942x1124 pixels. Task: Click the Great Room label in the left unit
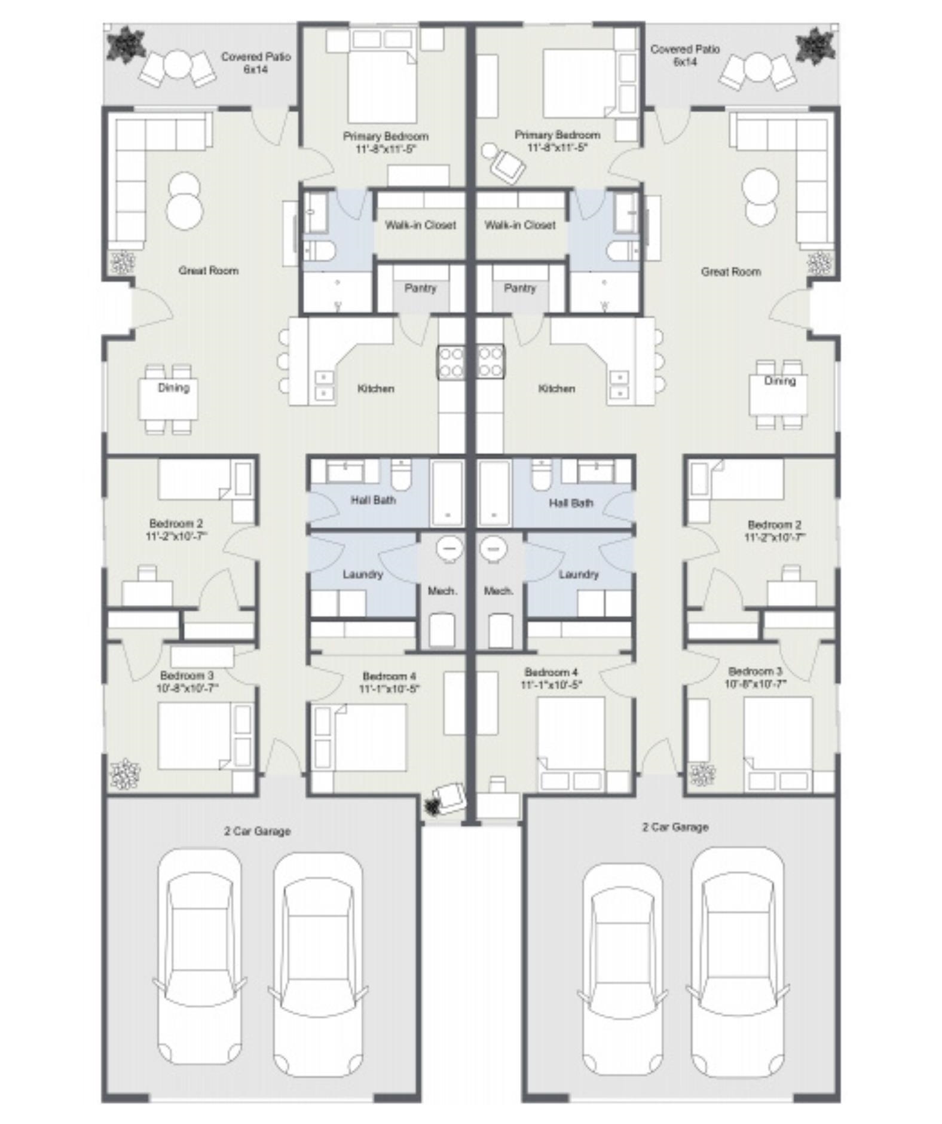point(209,271)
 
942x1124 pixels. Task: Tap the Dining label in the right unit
point(779,381)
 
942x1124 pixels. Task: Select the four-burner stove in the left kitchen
point(451,362)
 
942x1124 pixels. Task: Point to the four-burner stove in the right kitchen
point(490,362)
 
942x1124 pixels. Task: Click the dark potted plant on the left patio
point(126,44)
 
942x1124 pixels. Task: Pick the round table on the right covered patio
point(757,67)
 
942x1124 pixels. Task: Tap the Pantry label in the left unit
point(420,288)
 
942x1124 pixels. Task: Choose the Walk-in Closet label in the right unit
point(520,225)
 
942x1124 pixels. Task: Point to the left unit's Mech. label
point(442,591)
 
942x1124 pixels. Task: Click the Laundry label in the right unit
point(579,575)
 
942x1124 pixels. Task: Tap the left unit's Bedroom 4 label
point(389,676)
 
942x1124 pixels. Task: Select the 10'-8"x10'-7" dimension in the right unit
point(756,684)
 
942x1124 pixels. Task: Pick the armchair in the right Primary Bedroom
point(506,164)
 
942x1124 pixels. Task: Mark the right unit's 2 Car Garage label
point(675,827)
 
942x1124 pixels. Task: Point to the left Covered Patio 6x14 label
point(256,63)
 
